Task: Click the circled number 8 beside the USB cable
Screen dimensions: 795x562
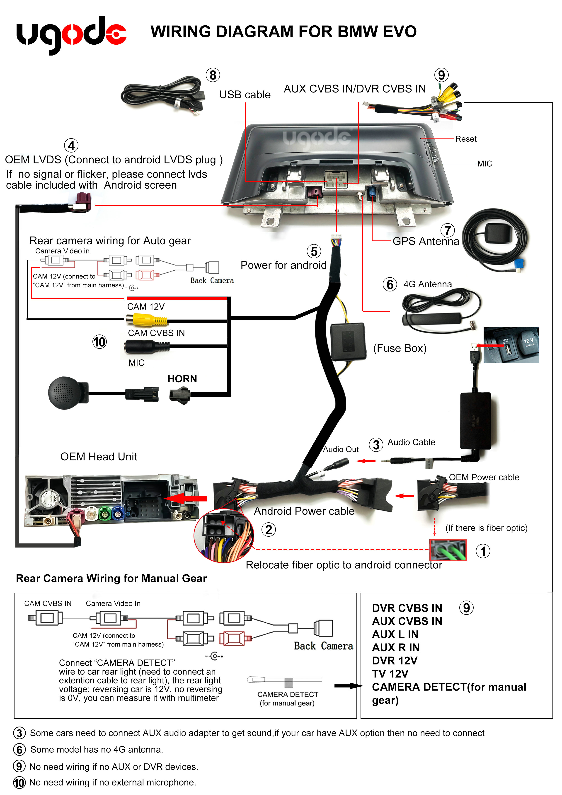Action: point(213,75)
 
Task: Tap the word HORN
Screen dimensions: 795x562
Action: point(182,379)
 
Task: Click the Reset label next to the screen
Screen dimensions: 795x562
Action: point(466,139)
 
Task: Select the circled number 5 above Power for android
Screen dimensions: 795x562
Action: point(314,251)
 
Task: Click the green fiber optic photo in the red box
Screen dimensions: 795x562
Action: point(448,550)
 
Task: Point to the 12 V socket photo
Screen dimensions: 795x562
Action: point(511,345)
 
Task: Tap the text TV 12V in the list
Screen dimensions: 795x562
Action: point(390,674)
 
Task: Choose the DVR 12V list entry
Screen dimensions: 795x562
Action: point(394,661)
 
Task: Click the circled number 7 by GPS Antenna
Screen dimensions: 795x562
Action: point(447,230)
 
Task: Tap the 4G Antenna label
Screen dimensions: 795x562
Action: point(427,284)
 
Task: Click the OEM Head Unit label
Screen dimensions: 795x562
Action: point(99,457)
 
